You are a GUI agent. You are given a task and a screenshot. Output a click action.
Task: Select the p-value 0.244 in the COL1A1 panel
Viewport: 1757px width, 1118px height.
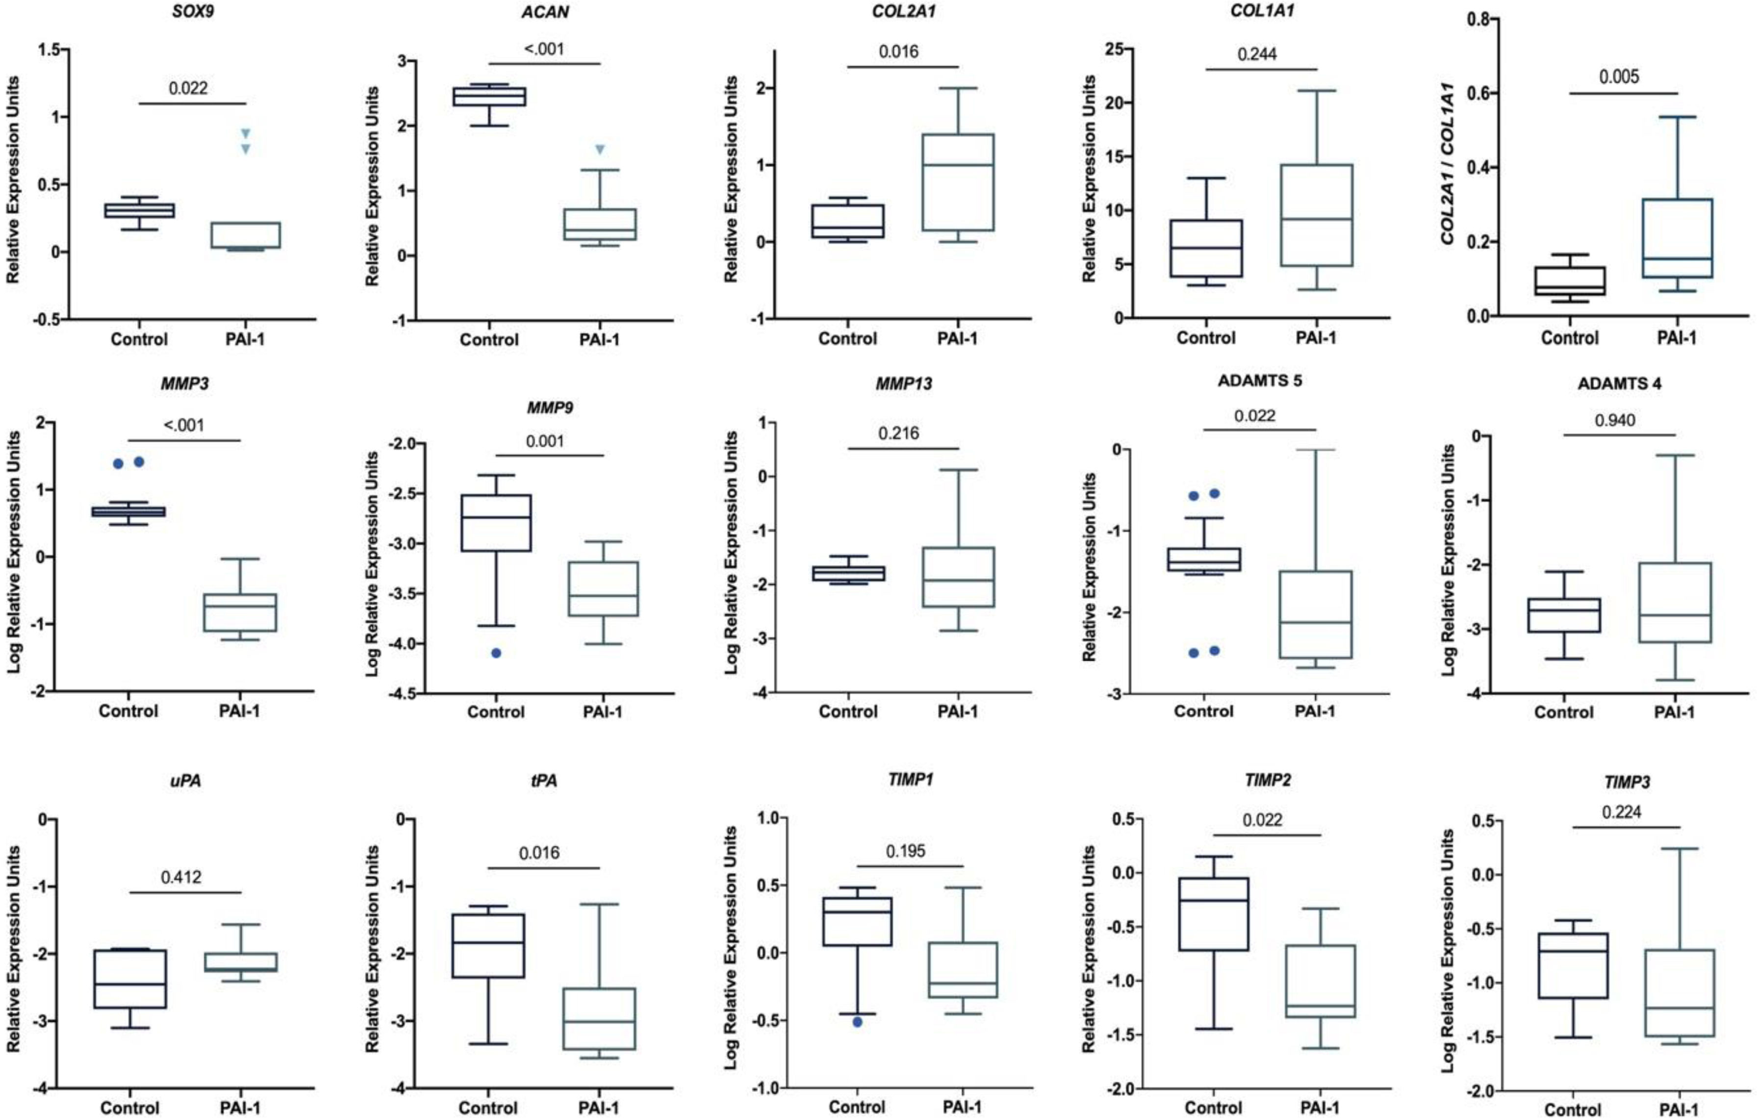(x=1257, y=54)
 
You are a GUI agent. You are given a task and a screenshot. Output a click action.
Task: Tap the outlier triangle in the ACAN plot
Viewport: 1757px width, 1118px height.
(x=600, y=150)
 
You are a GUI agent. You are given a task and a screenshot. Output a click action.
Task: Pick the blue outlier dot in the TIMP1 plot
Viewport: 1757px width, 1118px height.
(x=857, y=1022)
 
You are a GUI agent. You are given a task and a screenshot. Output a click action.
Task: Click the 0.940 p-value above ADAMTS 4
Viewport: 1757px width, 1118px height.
(x=1615, y=420)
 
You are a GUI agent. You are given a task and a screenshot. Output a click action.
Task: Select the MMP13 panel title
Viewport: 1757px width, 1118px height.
(x=903, y=384)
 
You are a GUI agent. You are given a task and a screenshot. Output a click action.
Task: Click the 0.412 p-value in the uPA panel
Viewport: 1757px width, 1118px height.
(x=182, y=877)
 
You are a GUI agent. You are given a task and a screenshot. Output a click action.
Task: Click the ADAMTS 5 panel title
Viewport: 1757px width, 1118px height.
(x=1260, y=381)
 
